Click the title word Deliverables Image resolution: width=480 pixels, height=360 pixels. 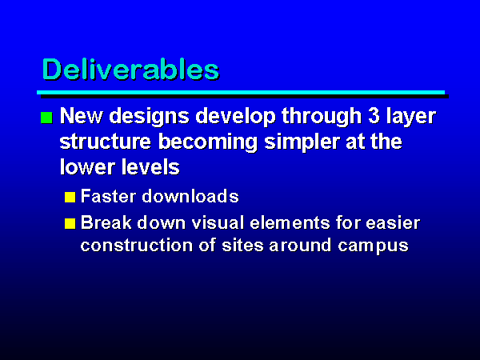click(130, 70)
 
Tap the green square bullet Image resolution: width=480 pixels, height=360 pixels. click(46, 118)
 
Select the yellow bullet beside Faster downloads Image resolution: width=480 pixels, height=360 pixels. click(70, 197)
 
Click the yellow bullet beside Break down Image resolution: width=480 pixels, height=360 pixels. click(70, 223)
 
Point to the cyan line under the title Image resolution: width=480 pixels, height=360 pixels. click(241, 93)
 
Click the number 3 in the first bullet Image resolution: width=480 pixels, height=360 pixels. click(374, 116)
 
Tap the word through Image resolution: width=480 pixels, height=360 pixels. click(322, 116)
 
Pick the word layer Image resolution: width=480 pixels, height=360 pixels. click(411, 116)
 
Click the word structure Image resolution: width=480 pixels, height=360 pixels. click(106, 142)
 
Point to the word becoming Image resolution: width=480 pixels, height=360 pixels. click(208, 142)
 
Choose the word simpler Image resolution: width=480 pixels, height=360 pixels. click(302, 142)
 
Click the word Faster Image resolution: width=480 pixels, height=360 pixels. click(108, 196)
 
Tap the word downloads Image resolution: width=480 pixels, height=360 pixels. click(190, 196)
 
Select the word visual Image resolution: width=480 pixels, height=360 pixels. click(218, 222)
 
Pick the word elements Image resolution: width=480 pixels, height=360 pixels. click(290, 222)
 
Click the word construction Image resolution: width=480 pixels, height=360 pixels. click(137, 246)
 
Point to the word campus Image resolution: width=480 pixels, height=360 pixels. click(373, 246)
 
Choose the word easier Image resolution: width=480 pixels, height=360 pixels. click(393, 222)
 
